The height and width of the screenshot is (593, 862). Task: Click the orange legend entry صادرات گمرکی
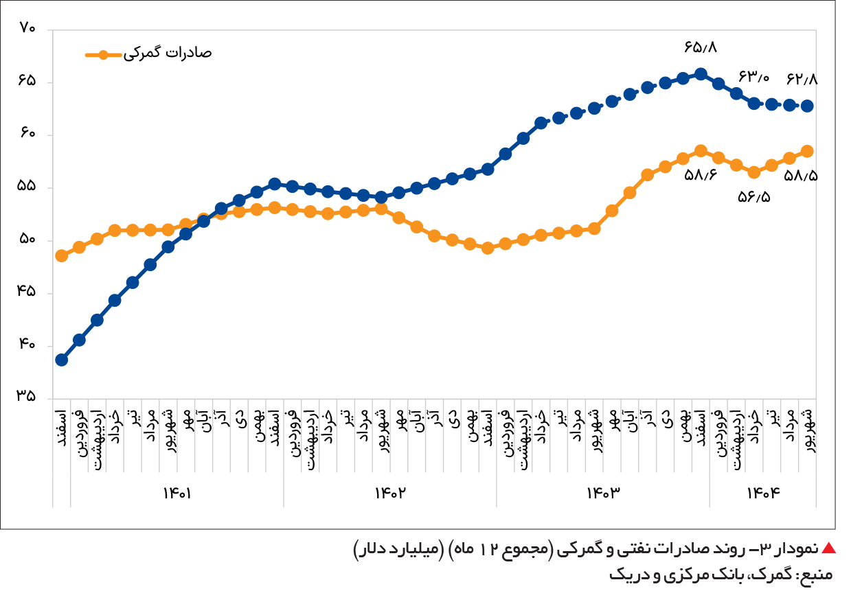click(x=148, y=54)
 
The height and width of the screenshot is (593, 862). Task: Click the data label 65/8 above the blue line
click(x=700, y=48)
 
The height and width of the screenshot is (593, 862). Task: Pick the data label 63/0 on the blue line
click(x=753, y=76)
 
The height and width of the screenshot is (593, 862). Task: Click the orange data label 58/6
click(x=701, y=175)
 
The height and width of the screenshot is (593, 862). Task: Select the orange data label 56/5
click(x=753, y=197)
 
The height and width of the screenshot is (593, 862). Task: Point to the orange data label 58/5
click(x=801, y=176)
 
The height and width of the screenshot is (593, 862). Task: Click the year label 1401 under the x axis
click(x=177, y=493)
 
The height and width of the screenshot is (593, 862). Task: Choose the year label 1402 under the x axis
click(x=390, y=493)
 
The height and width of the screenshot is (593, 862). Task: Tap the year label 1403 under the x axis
click(x=602, y=493)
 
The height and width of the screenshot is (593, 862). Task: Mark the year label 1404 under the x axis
click(x=763, y=493)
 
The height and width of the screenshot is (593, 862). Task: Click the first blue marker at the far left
click(x=61, y=360)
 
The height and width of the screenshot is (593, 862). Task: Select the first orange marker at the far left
click(x=61, y=255)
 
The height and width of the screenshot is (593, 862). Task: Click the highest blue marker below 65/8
click(x=701, y=74)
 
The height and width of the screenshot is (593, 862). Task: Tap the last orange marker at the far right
click(x=807, y=151)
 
